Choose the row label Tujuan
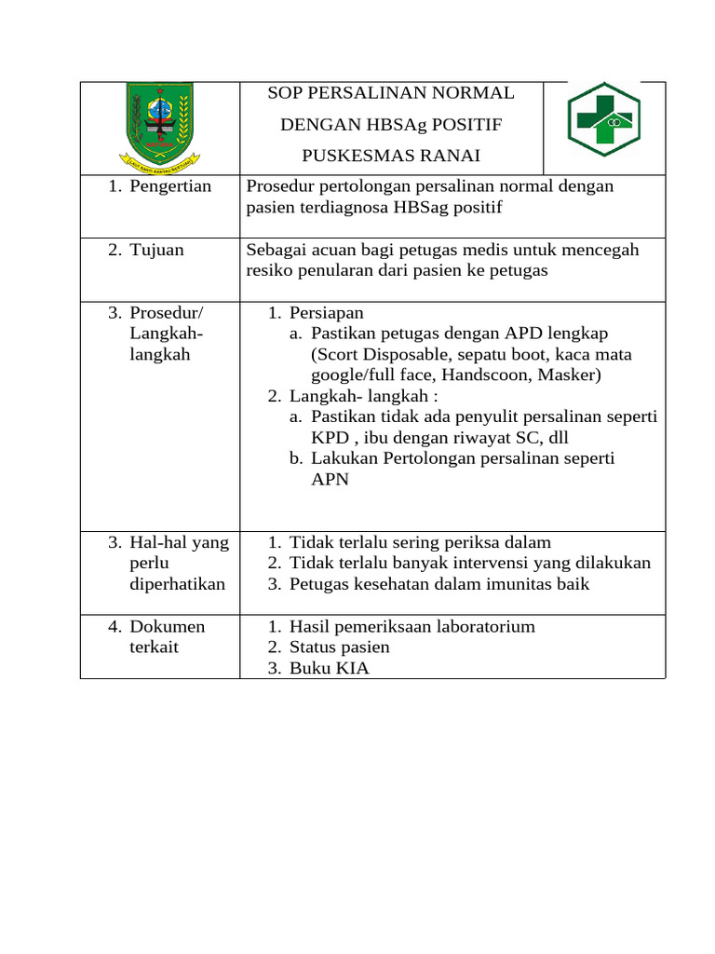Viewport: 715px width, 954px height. [156, 250]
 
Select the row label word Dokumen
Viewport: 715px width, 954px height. [168, 626]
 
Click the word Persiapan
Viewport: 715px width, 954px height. [327, 313]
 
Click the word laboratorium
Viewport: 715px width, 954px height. [484, 626]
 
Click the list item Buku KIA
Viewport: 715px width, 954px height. [329, 668]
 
